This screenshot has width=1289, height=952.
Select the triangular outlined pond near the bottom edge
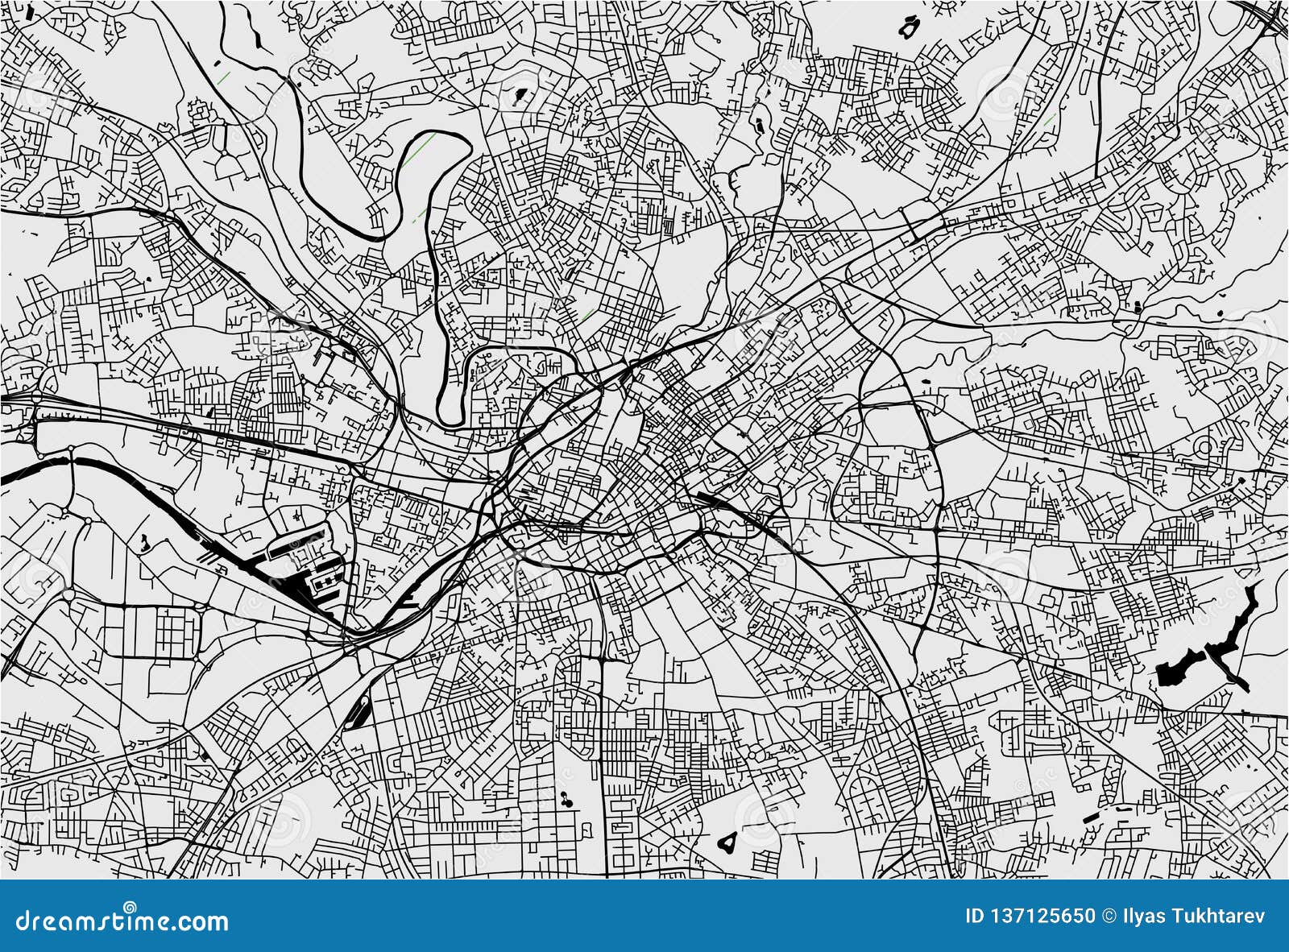point(727,842)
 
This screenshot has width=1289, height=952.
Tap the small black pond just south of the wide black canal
point(144,542)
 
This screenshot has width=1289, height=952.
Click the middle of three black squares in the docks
point(325,580)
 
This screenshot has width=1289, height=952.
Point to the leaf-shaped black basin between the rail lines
point(359,712)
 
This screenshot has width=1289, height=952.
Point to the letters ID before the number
point(974,916)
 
